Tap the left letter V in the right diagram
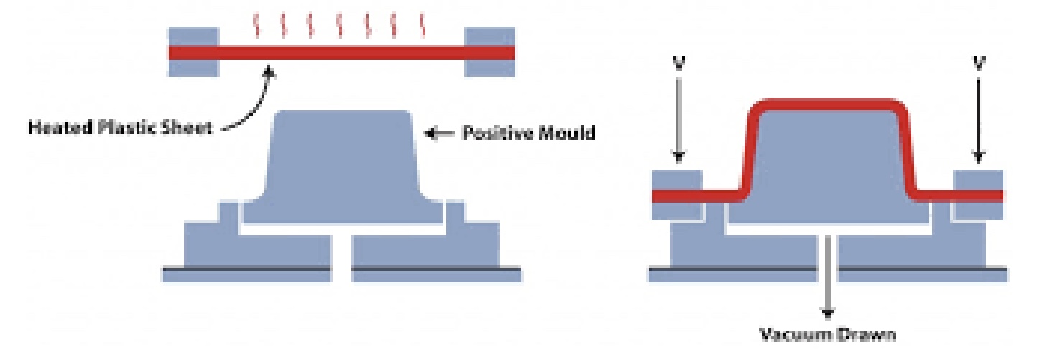click(x=679, y=63)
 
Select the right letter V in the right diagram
click(x=978, y=63)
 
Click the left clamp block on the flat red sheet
click(x=193, y=51)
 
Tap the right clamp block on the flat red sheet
click(x=489, y=51)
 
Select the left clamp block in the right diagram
click(x=676, y=194)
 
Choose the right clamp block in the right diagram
click(x=978, y=194)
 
